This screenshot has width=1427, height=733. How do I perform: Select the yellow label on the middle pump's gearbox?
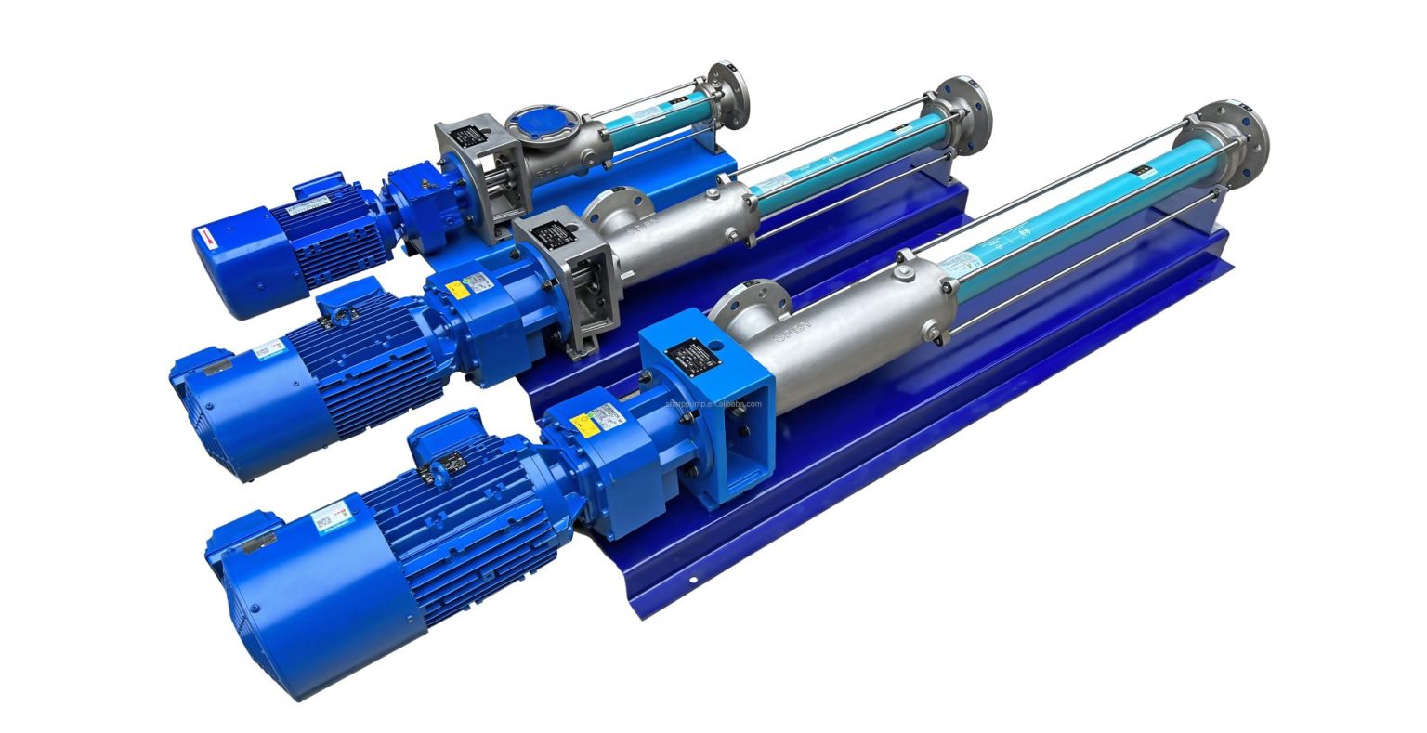456,289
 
